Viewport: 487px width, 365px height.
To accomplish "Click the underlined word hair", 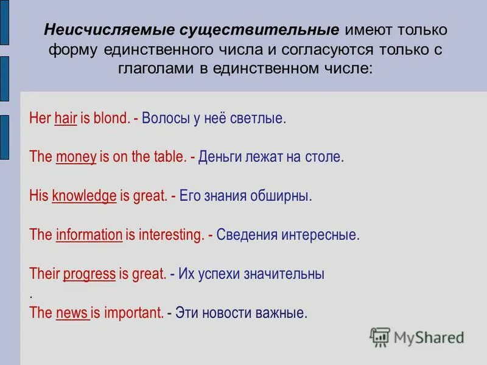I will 65,118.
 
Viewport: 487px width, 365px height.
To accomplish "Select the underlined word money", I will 76,157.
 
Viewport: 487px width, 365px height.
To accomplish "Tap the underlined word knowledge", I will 84,196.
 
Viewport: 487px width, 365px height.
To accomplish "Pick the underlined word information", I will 89,235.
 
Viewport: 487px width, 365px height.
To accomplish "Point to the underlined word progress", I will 89,274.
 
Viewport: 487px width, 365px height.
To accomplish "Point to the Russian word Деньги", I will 219,157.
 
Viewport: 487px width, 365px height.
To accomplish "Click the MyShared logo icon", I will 380,336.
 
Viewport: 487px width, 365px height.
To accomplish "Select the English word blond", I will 111,118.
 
